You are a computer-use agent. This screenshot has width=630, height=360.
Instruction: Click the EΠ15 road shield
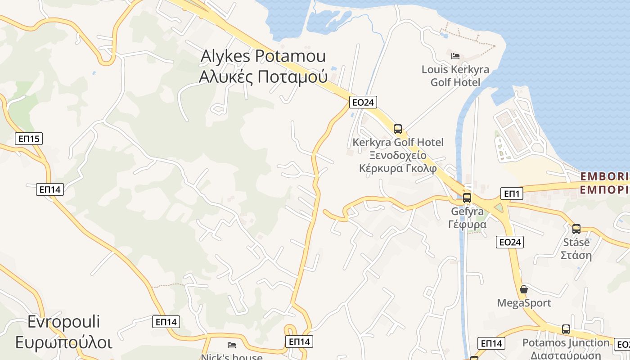(x=29, y=139)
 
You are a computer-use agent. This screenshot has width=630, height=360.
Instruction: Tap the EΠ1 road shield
(x=512, y=194)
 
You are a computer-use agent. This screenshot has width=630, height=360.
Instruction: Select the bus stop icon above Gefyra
(x=467, y=198)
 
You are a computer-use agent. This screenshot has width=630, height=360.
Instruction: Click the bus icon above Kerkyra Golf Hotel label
(x=398, y=129)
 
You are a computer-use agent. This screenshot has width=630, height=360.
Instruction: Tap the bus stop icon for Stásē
(x=576, y=229)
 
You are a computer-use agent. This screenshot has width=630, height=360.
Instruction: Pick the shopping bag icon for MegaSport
(x=524, y=289)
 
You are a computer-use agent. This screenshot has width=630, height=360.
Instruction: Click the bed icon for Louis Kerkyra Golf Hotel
(x=455, y=56)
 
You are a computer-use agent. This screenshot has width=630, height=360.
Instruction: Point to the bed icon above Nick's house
(x=232, y=345)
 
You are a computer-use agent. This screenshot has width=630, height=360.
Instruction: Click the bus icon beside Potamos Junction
(x=566, y=329)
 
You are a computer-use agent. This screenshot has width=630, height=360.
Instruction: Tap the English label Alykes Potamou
(x=263, y=56)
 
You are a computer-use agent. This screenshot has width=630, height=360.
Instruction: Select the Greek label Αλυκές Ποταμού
(x=263, y=77)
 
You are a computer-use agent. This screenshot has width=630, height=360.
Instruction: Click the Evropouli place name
(x=63, y=322)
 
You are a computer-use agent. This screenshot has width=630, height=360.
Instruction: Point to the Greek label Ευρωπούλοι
(x=63, y=342)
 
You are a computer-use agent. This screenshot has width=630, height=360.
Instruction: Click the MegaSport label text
(x=524, y=303)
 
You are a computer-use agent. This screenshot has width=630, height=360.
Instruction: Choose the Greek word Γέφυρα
(x=467, y=224)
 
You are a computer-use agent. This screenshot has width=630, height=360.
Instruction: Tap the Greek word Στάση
(x=576, y=255)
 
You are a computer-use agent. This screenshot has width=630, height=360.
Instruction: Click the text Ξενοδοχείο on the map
(x=398, y=156)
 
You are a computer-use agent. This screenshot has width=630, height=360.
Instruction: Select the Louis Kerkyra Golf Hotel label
(x=455, y=76)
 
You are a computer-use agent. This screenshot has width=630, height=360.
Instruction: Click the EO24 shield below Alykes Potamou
(x=363, y=102)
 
